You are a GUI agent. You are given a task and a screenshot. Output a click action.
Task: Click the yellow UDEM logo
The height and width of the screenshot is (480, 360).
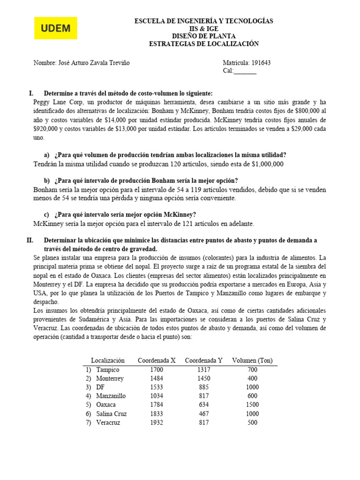[x=56, y=28]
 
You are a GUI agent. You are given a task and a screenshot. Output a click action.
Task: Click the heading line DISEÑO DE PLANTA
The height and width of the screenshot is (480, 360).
[x=203, y=36]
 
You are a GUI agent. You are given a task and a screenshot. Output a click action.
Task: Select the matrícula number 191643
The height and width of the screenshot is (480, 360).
[x=262, y=63]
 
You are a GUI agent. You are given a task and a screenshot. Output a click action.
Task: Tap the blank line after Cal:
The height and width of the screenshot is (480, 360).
[x=245, y=71]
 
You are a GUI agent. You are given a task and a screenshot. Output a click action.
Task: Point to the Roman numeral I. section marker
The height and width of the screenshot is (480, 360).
[x=31, y=93]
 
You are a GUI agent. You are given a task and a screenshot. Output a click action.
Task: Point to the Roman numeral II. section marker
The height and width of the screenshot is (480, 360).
[x=30, y=240]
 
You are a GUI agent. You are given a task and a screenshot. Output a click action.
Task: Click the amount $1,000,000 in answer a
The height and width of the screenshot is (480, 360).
[x=268, y=164]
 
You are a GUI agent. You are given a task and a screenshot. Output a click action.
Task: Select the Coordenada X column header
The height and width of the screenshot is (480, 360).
[x=157, y=360]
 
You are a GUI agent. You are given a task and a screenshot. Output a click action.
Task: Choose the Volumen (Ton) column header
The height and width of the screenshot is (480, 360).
[x=252, y=360]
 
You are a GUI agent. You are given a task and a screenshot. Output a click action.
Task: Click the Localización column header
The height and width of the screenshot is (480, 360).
[x=108, y=360]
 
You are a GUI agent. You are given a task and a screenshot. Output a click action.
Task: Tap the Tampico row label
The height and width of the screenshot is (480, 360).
[x=108, y=370]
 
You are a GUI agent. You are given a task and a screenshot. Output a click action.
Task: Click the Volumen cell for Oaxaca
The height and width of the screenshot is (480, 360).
[x=252, y=405]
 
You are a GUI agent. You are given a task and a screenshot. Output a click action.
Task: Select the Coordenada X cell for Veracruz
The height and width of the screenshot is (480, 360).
[x=157, y=422]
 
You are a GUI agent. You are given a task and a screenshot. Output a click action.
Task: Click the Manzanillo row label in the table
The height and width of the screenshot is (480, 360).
[x=111, y=396]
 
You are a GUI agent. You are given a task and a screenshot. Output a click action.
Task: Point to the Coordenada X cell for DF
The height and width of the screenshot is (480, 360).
[x=157, y=387]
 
